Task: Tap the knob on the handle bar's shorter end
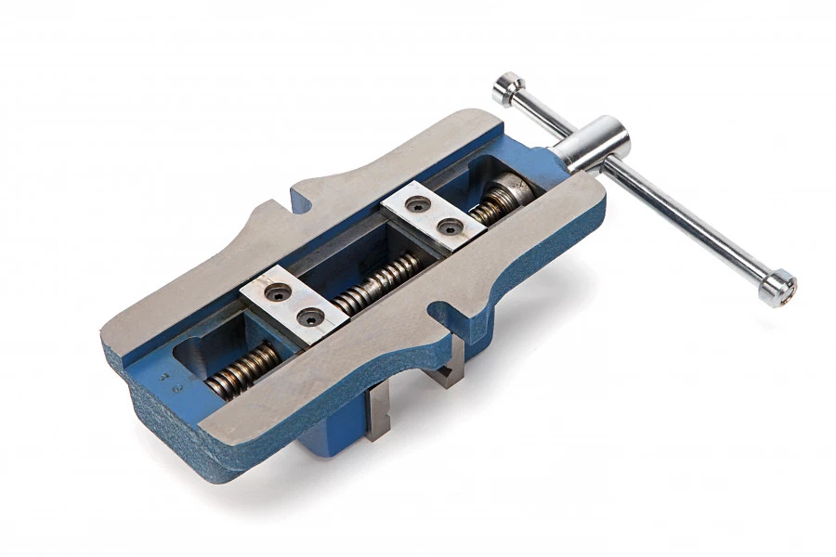tap(508, 88)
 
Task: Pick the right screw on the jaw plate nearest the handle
tap(450, 226)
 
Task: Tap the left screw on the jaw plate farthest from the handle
tap(276, 292)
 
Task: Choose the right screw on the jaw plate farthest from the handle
tap(309, 317)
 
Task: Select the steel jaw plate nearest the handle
tap(432, 216)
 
